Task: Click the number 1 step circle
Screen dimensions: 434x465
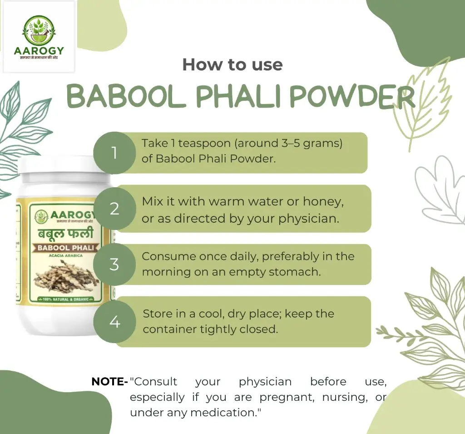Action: pyautogui.click(x=114, y=153)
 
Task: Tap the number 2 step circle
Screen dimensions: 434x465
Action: pyautogui.click(x=114, y=209)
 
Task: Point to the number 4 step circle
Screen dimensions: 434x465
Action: pyautogui.click(x=114, y=322)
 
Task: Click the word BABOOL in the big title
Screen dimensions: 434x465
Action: pyautogui.click(x=120, y=96)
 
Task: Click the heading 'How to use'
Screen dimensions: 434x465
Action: pyautogui.click(x=232, y=65)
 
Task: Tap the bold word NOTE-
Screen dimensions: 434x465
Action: pyautogui.click(x=109, y=382)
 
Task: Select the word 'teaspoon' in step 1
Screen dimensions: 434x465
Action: pyautogui.click(x=202, y=144)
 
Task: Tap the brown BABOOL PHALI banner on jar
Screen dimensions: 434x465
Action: pyautogui.click(x=65, y=248)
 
